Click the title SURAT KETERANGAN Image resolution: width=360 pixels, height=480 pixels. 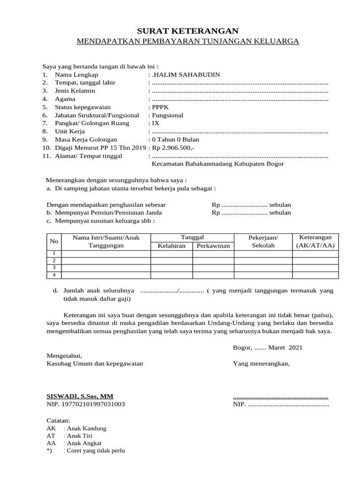click(187, 30)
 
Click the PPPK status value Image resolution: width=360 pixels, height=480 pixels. click(160, 107)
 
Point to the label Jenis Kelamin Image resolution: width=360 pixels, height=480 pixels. click(75, 90)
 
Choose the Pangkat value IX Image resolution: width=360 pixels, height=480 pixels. click(156, 123)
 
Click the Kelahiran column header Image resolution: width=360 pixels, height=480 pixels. click(172, 246)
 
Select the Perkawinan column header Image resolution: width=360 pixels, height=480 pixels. click(213, 246)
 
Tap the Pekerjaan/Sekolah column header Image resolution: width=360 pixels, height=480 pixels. click(263, 241)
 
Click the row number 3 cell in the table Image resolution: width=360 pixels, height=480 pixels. click(54, 267)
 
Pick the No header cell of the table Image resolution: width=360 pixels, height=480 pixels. click(54, 241)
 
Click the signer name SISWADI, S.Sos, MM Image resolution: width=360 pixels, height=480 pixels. click(80, 396)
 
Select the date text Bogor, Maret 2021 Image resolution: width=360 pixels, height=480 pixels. click(268, 347)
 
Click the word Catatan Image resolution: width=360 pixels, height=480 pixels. click(58, 420)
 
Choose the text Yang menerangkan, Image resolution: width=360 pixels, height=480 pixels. click(261, 363)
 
